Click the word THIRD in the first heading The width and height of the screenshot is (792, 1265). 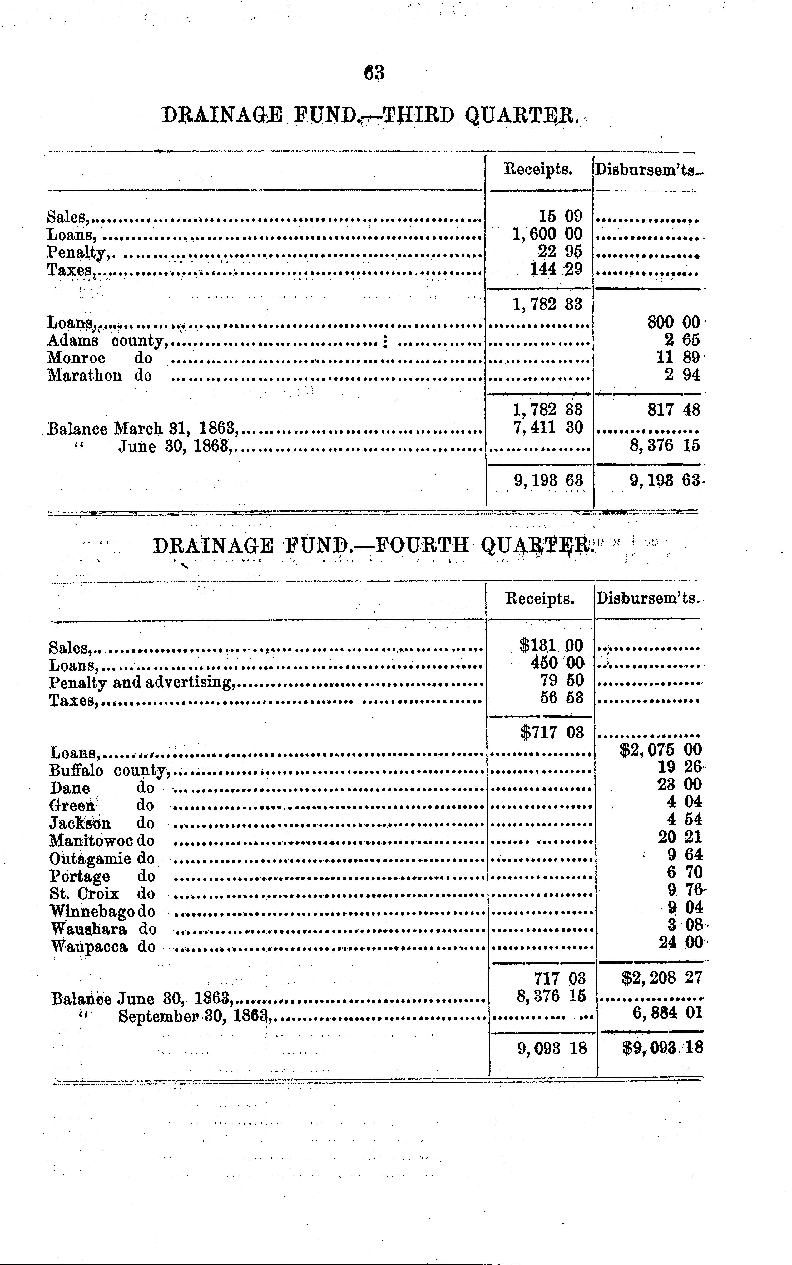pos(419,115)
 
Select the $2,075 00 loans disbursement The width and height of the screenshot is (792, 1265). pos(661,750)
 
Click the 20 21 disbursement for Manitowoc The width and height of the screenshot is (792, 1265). pos(680,837)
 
